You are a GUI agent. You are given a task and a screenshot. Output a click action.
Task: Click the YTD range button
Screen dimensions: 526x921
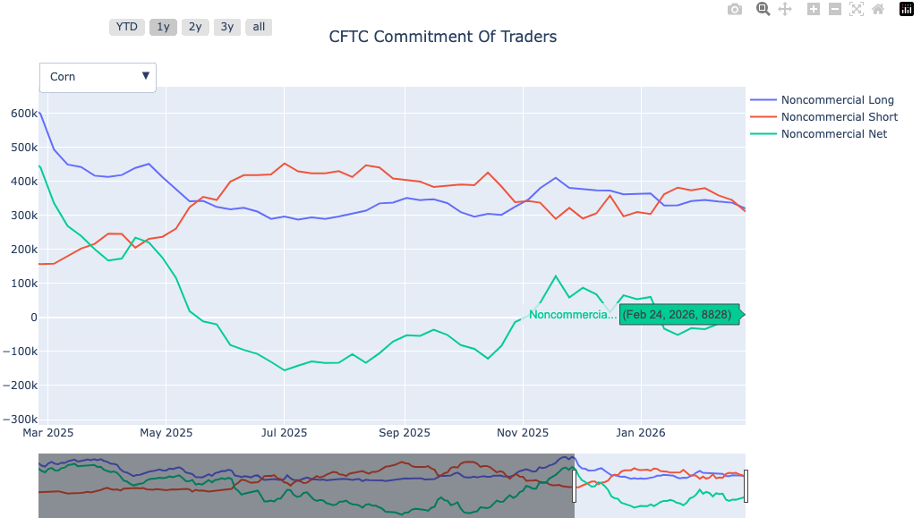tap(127, 27)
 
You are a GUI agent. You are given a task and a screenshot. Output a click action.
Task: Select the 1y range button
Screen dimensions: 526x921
tap(163, 27)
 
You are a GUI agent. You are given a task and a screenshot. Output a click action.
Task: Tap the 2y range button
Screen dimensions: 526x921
tap(195, 27)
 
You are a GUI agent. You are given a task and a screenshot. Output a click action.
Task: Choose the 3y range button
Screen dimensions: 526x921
tap(227, 27)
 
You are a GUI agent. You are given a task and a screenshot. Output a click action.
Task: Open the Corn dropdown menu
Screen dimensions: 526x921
tap(98, 77)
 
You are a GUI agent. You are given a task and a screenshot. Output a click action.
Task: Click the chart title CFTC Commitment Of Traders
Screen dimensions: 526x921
tap(442, 37)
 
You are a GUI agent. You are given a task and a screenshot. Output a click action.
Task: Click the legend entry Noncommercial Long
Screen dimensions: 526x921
tap(836, 100)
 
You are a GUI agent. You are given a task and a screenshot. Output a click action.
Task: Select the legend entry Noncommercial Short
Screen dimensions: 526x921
tap(839, 117)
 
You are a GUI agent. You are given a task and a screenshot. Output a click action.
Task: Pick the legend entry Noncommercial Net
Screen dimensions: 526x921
tap(833, 134)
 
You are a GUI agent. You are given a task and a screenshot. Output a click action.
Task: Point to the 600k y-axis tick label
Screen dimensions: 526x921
tap(23, 114)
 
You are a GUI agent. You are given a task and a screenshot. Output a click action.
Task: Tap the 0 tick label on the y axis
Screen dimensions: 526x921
tap(32, 318)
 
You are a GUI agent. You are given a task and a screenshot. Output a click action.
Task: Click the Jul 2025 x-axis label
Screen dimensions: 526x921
tap(284, 433)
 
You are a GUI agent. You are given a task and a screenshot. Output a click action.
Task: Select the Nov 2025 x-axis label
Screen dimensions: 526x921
tap(523, 433)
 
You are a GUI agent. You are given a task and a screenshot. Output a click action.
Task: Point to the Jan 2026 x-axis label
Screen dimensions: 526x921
tap(640, 433)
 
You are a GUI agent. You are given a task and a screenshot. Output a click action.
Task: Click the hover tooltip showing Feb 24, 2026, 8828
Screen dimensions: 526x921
tap(678, 315)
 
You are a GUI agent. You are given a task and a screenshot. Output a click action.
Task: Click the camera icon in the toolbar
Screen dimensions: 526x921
tap(735, 9)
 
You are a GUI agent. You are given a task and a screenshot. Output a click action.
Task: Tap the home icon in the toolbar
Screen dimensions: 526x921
tap(878, 9)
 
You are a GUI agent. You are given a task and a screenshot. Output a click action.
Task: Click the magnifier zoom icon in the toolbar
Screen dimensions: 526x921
tap(763, 9)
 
